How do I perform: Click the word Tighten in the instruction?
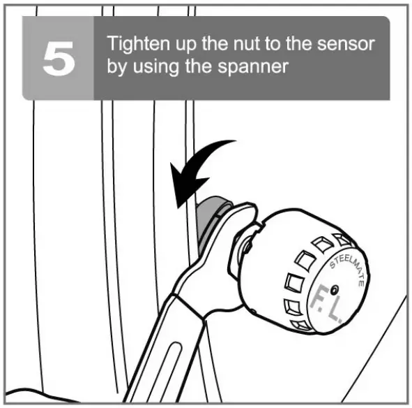pos(132,45)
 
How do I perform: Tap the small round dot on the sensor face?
pos(336,289)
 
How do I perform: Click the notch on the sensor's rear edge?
pos(258,225)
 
